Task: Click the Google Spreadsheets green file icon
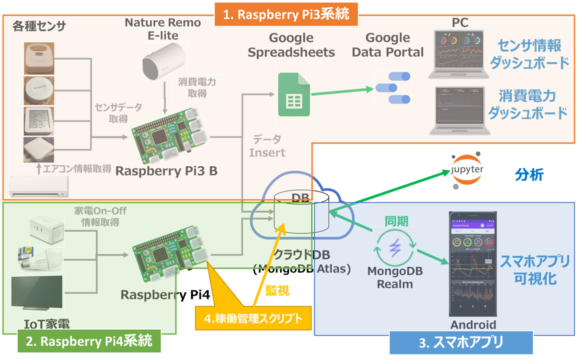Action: tap(292, 95)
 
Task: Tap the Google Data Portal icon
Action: tap(392, 88)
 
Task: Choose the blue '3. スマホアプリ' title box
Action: tap(460, 342)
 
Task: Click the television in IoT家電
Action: tap(36, 292)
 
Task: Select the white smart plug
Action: tap(45, 227)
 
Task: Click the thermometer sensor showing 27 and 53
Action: tap(38, 120)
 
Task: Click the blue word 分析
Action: tap(529, 175)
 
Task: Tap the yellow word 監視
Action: tap(277, 289)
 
